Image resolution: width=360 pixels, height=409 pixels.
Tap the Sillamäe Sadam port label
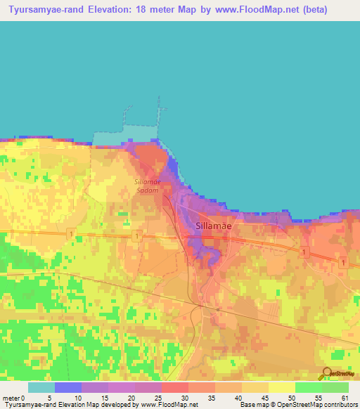[x=148, y=186]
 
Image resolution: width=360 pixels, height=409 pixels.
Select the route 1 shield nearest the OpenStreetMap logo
[x=342, y=262]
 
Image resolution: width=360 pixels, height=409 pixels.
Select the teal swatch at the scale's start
[x=41, y=387]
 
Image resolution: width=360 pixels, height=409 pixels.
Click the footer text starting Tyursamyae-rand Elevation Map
[x=98, y=405]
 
